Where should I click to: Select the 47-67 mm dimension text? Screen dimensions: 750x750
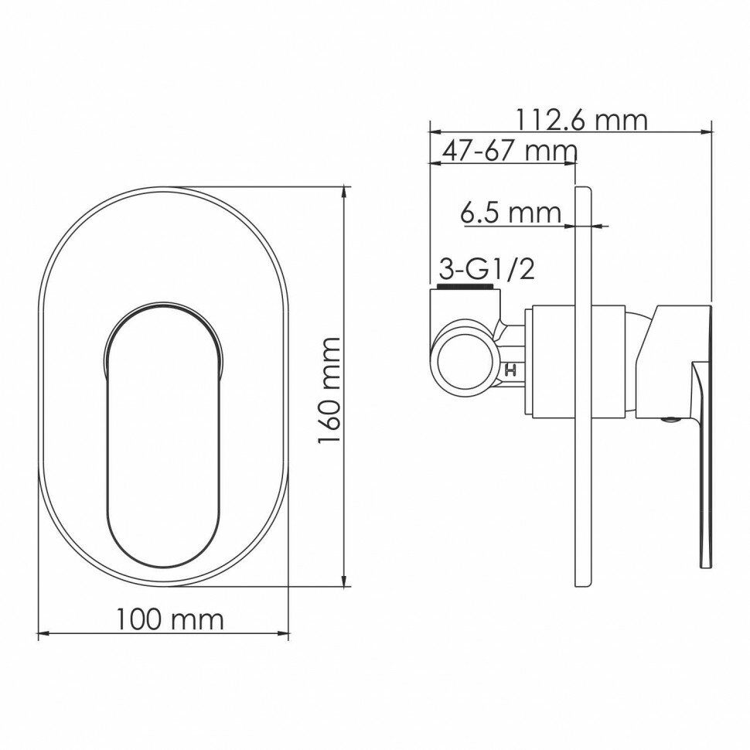(x=509, y=151)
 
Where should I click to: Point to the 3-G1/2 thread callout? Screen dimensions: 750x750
(x=486, y=270)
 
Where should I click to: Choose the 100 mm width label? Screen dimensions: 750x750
(x=170, y=619)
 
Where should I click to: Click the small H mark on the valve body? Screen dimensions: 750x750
(x=511, y=370)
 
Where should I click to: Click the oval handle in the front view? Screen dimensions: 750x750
(x=163, y=435)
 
